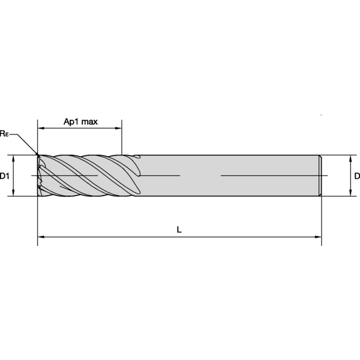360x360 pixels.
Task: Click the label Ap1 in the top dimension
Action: point(71,122)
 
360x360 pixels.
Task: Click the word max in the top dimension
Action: point(89,122)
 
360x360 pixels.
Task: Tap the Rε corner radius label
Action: point(5,133)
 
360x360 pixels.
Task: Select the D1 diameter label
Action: point(4,176)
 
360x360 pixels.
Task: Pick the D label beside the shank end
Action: point(356,176)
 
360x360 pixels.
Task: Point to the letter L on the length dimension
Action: point(179,229)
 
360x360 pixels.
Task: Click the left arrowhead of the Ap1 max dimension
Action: point(41,128)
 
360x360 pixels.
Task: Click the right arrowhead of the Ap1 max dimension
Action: point(119,128)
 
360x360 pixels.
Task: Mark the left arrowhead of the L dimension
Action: point(41,237)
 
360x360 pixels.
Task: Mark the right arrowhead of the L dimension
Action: point(319,237)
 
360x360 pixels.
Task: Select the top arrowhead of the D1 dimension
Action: point(13,158)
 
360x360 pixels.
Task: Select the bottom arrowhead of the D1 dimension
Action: point(13,193)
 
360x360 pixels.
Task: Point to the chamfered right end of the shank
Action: point(320,175)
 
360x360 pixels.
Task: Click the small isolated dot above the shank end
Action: point(322,115)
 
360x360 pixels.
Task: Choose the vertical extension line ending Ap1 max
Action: point(122,138)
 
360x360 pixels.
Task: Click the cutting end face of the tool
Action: point(39,175)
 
